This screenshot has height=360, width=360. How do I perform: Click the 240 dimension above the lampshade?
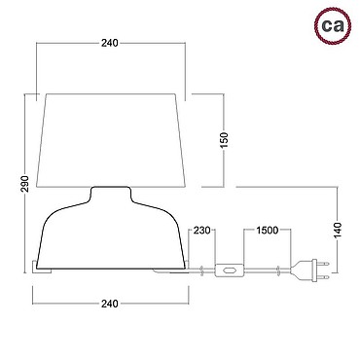(x=110, y=43)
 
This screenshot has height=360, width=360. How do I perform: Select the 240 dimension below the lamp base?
(x=110, y=304)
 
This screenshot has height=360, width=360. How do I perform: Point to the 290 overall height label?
(x=24, y=184)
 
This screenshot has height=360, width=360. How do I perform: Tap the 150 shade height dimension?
(x=224, y=140)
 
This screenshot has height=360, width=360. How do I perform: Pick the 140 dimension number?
(x=338, y=230)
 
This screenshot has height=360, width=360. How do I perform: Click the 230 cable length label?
(x=202, y=231)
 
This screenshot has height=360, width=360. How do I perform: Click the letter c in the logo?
(x=327, y=25)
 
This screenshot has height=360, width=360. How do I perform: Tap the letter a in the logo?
(x=338, y=25)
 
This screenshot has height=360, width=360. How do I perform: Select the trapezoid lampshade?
(x=111, y=140)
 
